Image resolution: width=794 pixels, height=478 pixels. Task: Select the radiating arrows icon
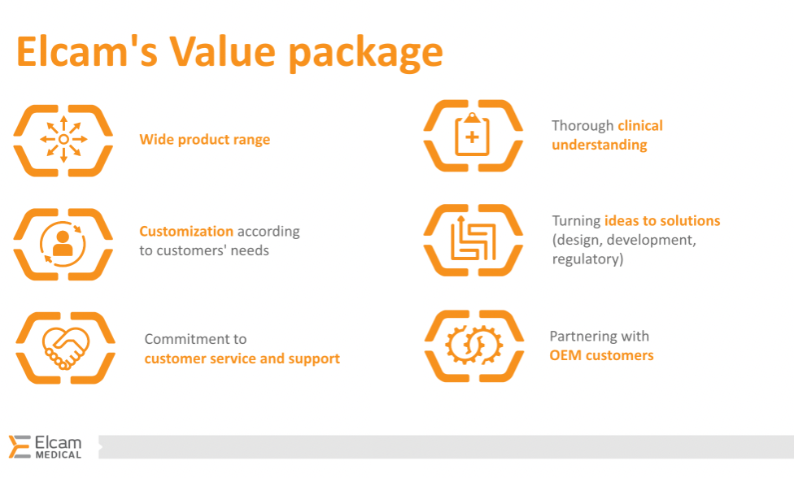(63, 140)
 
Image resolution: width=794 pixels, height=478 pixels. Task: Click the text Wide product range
(204, 140)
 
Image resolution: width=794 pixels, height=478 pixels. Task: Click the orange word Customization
(186, 231)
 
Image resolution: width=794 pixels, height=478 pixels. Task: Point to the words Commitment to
(195, 339)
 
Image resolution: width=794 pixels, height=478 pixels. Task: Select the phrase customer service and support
(242, 358)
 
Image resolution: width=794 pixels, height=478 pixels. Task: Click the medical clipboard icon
(473, 135)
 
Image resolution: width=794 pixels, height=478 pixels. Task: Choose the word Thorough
(582, 126)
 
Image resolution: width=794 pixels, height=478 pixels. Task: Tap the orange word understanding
(600, 146)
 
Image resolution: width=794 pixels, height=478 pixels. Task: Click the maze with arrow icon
(473, 240)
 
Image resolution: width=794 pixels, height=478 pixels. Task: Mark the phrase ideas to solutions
(662, 221)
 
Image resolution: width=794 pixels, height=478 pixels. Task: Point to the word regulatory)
(587, 259)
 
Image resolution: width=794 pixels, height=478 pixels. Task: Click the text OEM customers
(601, 355)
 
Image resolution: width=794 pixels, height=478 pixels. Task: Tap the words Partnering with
(599, 336)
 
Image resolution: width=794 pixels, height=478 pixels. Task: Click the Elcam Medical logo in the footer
(46, 447)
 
